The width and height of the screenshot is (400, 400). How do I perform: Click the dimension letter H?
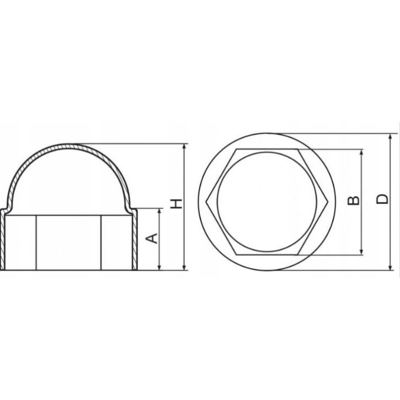coord(177,203)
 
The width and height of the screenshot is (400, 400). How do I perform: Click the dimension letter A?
coord(152,238)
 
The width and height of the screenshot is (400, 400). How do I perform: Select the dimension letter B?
coord(353,201)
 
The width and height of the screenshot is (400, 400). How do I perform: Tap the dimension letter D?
coord(382,199)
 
